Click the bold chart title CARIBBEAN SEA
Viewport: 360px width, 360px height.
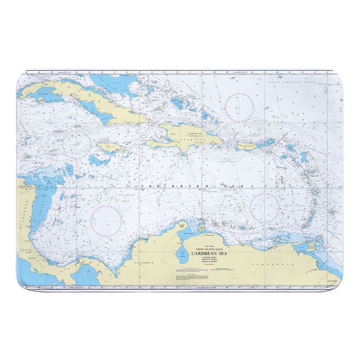212,254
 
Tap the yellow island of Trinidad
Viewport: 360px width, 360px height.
312,248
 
